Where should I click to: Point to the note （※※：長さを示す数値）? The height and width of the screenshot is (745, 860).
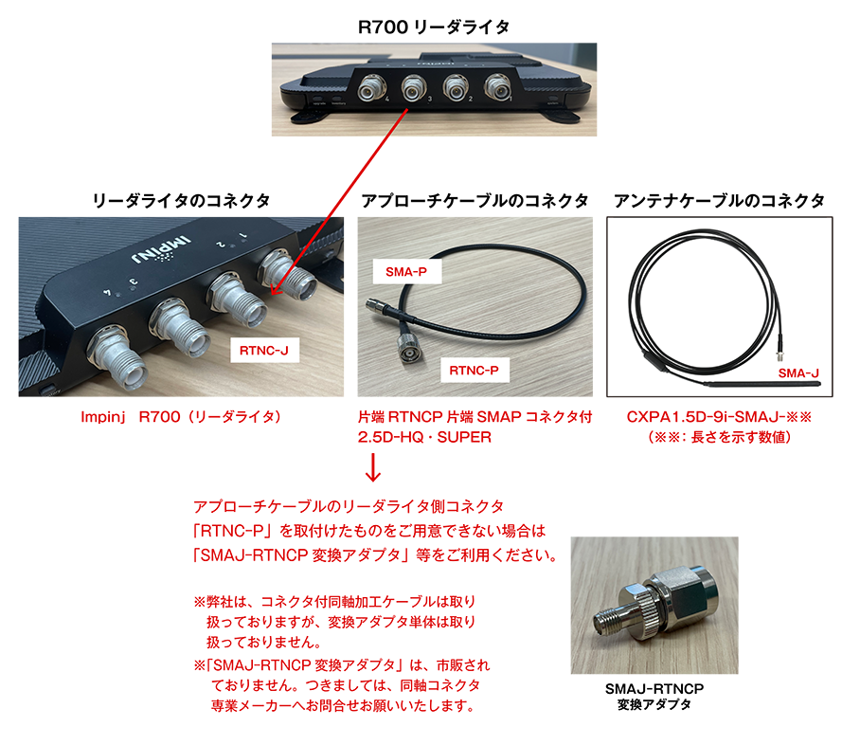point(719,436)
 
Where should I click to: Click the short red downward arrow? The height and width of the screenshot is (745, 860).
point(372,467)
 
